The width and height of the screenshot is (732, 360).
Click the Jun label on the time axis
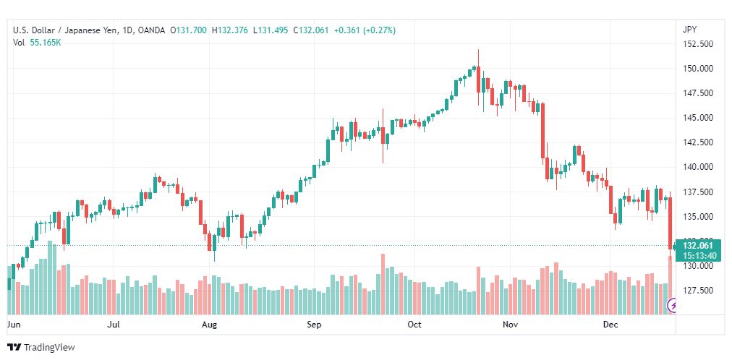pyautogui.click(x=14, y=325)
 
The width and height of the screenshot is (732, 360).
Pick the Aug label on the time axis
pyautogui.click(x=209, y=325)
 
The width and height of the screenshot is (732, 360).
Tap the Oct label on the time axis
pyautogui.click(x=414, y=325)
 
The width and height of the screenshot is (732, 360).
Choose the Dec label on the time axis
pyautogui.click(x=611, y=325)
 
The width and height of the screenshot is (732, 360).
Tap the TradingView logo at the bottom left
pyautogui.click(x=41, y=348)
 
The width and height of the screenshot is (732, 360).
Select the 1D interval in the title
pyautogui.click(x=127, y=30)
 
